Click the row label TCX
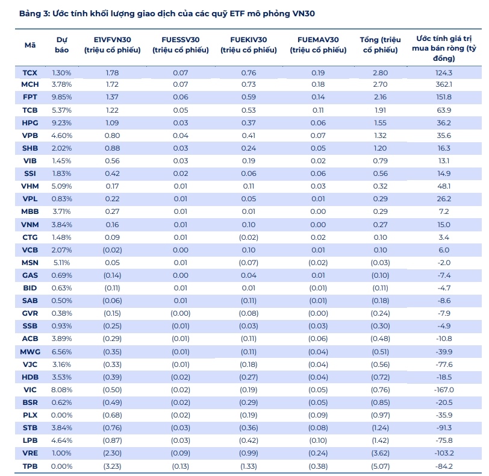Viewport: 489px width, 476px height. [x=30, y=73]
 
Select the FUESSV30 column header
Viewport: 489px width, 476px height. [x=181, y=45]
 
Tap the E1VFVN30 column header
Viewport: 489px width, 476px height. [x=112, y=45]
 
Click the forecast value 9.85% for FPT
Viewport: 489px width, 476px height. [x=62, y=98]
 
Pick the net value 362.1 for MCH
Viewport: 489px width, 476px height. [x=444, y=84]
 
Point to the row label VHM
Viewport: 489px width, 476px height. [x=30, y=186]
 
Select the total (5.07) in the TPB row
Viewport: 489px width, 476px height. [x=381, y=466]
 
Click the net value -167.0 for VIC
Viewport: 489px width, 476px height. [x=444, y=390]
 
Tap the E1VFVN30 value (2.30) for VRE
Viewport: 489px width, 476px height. [x=112, y=453]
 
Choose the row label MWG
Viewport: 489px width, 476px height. [x=30, y=352]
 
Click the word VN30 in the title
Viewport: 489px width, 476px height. [x=304, y=14]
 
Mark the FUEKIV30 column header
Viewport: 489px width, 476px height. [x=249, y=45]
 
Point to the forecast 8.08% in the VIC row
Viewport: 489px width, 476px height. [x=62, y=390]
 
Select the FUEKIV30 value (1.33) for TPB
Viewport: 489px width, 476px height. [x=249, y=466]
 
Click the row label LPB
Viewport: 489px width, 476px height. [x=30, y=440]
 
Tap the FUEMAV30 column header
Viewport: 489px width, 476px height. [x=318, y=45]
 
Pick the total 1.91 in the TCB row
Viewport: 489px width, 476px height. [x=381, y=110]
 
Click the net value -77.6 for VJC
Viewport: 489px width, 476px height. [x=444, y=365]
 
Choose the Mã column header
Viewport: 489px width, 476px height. [x=30, y=45]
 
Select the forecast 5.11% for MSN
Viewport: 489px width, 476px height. [x=62, y=263]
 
